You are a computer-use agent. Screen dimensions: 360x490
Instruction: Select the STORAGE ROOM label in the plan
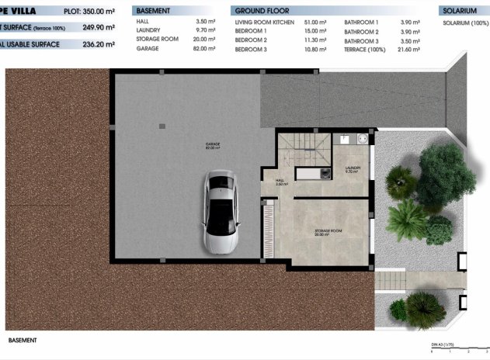[x=328, y=231]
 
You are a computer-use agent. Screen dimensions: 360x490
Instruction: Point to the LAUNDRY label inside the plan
[x=352, y=168]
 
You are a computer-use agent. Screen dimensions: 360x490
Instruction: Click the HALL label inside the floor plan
[x=280, y=182]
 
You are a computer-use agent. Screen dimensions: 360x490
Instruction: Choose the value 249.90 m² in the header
[x=99, y=27]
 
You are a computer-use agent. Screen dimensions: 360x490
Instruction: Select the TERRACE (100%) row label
[x=367, y=49]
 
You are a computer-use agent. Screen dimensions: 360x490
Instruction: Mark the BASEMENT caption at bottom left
[x=22, y=340]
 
